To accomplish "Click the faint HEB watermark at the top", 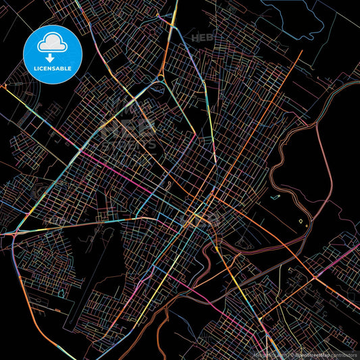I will click(x=203, y=38).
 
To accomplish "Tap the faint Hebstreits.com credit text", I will click(x=265, y=354).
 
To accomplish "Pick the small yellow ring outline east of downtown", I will click(x=301, y=222).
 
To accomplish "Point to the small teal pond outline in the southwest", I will click(x=61, y=292).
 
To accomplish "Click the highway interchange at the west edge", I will click(x=14, y=233).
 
